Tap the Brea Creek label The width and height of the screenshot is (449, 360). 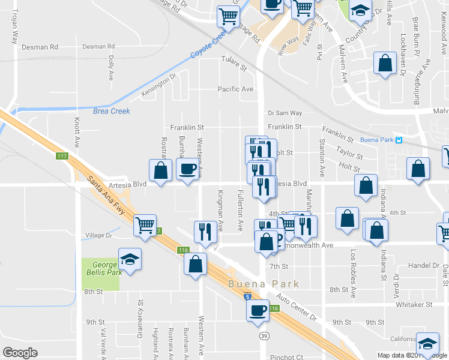(x=112, y=111)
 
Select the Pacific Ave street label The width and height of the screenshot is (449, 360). (x=235, y=89)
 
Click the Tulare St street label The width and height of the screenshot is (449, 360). (x=234, y=60)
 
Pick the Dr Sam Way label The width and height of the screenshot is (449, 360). (x=285, y=113)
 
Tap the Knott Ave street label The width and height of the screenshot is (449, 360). (x=77, y=133)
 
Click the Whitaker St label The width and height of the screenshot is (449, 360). (x=414, y=305)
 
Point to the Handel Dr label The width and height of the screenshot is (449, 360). (x=423, y=265)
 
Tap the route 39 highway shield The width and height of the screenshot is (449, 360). (x=264, y=337)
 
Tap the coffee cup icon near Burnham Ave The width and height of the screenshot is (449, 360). (x=187, y=169)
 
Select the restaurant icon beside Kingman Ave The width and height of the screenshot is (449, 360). (x=205, y=232)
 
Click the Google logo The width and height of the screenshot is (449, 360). (x=20, y=353)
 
